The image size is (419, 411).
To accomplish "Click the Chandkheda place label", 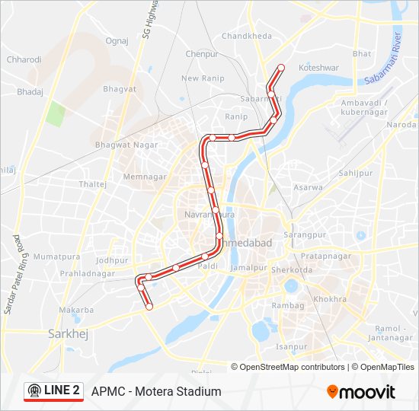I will (247, 36).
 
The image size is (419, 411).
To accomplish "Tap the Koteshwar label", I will (319, 68).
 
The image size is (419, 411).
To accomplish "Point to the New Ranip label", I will (202, 78).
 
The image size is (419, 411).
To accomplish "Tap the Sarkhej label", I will (65, 333).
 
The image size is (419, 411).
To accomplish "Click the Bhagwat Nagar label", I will (126, 145).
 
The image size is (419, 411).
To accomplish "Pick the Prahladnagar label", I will (88, 273).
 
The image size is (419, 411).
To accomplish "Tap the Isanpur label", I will (291, 347).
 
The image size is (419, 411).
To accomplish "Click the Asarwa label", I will (308, 187).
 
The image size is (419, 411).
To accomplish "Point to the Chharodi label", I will (24, 59).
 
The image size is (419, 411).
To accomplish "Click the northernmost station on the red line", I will (281, 68).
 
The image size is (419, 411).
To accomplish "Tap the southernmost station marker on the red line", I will (149, 306).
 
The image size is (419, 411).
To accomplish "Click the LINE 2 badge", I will (53, 391).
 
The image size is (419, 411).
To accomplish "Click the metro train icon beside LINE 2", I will (34, 391).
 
